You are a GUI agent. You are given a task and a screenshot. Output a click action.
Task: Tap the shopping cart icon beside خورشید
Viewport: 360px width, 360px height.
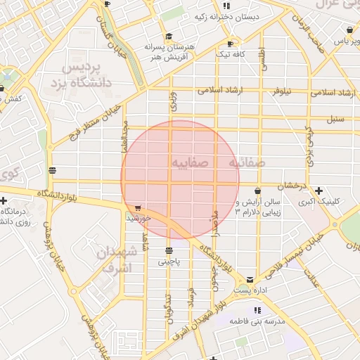(x=138, y=208)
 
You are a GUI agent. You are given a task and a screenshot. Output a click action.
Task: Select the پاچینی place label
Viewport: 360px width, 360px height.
(x=168, y=261)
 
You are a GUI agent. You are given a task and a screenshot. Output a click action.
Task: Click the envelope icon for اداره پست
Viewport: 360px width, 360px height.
(x=250, y=280)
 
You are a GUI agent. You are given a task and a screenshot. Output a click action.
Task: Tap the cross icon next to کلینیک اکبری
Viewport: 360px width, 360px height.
(x=319, y=191)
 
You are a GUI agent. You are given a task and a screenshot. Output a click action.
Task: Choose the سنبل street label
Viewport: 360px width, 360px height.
(x=335, y=119)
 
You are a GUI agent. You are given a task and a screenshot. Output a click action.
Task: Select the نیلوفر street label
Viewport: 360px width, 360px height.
(x=283, y=91)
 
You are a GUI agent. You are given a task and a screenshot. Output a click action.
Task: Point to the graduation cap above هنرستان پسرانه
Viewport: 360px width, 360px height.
(x=167, y=37)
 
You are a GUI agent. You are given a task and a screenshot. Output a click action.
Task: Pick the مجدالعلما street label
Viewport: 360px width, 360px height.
(x=125, y=135)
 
